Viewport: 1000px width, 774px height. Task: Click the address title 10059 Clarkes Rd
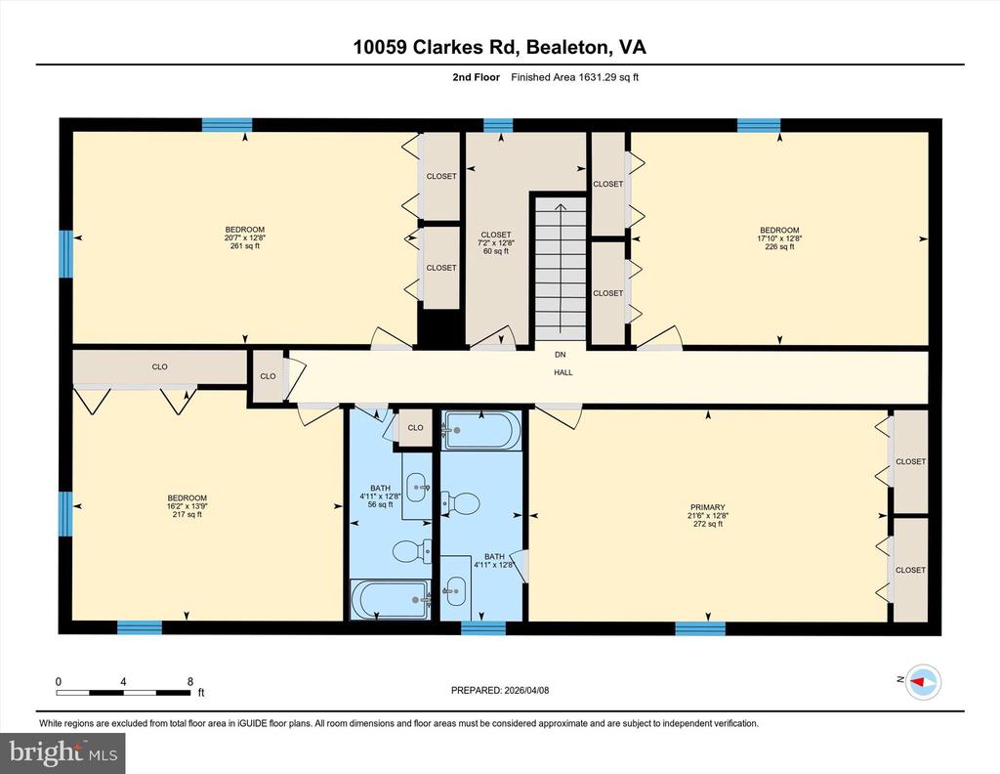pos(499,47)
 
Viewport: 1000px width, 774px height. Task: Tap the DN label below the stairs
pos(561,355)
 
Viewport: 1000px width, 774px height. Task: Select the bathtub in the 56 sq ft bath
pos(390,599)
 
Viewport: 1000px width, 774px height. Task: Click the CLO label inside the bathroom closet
pos(415,427)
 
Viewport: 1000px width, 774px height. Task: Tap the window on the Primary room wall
pos(700,628)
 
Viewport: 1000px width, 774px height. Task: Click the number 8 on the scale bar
pos(189,681)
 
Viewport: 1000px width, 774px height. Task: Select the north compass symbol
pos(922,680)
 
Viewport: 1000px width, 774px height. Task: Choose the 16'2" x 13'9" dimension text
pos(187,506)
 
